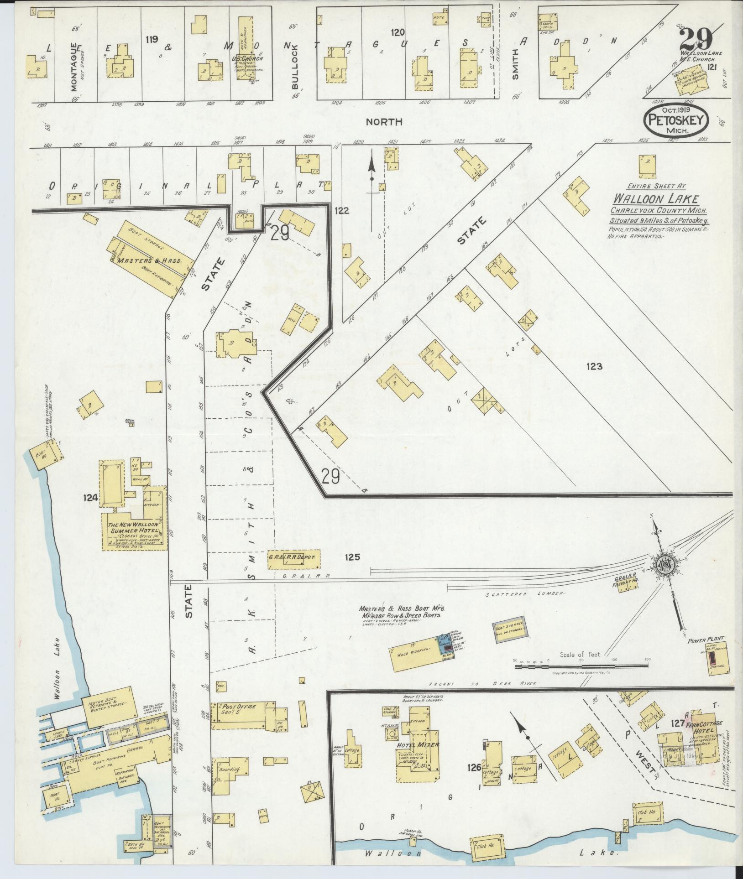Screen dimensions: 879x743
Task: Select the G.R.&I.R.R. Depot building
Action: pyautogui.click(x=294, y=558)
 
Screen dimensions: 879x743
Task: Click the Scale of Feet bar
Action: pyautogui.click(x=581, y=667)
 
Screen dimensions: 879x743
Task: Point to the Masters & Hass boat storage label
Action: pyautogui.click(x=149, y=261)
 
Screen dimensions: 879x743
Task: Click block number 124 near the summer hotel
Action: pyautogui.click(x=90, y=499)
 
